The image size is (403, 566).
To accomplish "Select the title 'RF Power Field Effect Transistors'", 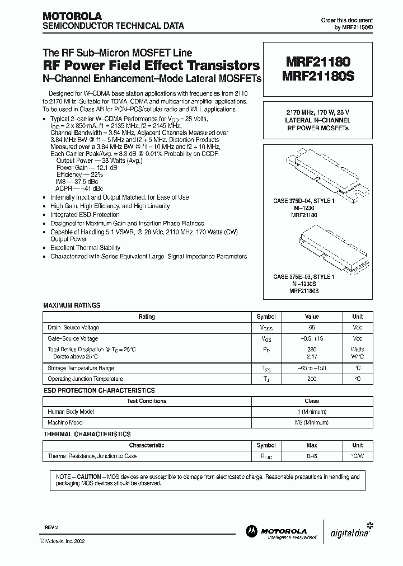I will coord(152,65).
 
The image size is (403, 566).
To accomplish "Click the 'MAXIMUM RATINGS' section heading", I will coord(72,305).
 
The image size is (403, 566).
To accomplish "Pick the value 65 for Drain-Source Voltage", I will coord(312,327).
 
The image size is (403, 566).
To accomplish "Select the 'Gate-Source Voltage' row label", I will coord(73,338).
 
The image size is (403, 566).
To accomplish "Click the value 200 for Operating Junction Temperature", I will coord(312,379).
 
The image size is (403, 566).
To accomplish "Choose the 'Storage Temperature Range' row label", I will coord(81,368).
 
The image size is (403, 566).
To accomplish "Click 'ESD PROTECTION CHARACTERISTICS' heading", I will coord(99,390).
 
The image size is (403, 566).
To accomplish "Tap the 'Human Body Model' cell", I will coord(71,412).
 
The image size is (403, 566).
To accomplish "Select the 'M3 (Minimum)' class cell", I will coord(312,423).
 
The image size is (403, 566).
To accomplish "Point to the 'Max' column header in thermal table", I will coord(312,445).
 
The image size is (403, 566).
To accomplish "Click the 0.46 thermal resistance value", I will coord(312,456).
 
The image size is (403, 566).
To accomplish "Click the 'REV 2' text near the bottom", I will coord(51,527).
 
